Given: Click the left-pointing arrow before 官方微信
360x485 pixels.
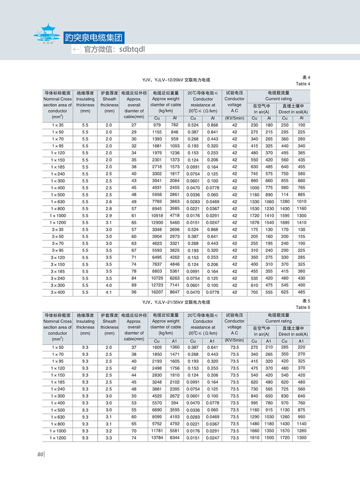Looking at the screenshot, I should [76, 49].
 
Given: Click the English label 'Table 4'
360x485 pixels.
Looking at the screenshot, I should [303, 84].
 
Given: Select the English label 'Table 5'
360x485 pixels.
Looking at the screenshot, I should [303, 308].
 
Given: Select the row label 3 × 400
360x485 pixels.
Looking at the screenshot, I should [57, 292].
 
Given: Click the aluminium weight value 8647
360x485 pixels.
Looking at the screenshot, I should [174, 292].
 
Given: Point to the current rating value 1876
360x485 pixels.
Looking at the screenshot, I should [255, 222].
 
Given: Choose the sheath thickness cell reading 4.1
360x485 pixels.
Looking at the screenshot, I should [109, 292].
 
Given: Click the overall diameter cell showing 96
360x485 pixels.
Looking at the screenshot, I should [134, 292].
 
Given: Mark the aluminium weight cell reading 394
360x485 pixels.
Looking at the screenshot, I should [174, 403].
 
